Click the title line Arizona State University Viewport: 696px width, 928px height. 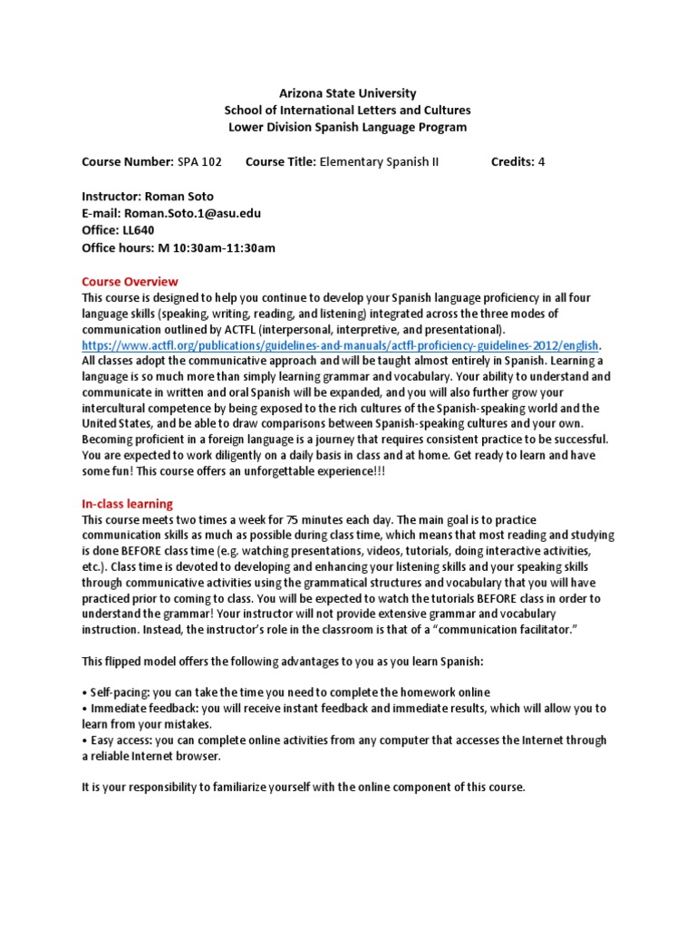[348, 92]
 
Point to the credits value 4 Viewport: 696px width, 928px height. [542, 162]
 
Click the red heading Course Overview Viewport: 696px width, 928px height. [130, 281]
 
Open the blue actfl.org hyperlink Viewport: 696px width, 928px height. [341, 345]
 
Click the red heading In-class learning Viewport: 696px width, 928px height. [127, 503]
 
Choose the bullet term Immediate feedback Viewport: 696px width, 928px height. [137, 708]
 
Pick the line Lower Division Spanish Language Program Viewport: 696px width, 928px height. [348, 127]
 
